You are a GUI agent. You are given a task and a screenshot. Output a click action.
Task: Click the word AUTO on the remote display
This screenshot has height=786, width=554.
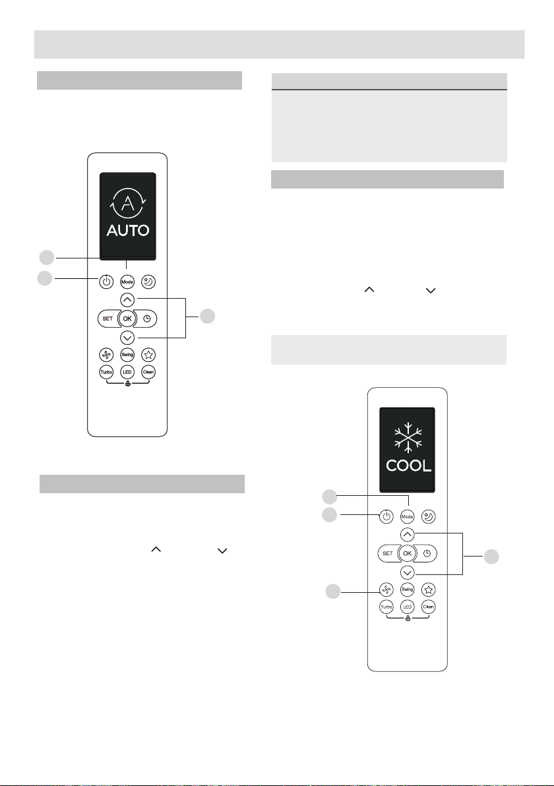(x=127, y=231)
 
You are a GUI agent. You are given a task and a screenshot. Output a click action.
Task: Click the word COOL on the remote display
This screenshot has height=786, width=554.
(x=408, y=465)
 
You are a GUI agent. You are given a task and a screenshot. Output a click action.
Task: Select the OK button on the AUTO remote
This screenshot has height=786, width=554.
(x=127, y=319)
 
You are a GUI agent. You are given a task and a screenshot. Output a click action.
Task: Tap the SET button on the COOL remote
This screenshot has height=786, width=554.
(x=387, y=553)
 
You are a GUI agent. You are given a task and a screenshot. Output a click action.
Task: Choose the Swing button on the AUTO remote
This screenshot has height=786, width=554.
(x=127, y=355)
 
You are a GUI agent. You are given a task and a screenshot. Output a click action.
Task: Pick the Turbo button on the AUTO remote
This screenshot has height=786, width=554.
(x=106, y=372)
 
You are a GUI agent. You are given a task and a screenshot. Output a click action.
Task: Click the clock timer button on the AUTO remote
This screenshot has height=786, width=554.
(x=147, y=319)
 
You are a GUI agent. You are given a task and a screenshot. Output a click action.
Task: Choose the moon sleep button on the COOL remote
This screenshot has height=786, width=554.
(x=429, y=517)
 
